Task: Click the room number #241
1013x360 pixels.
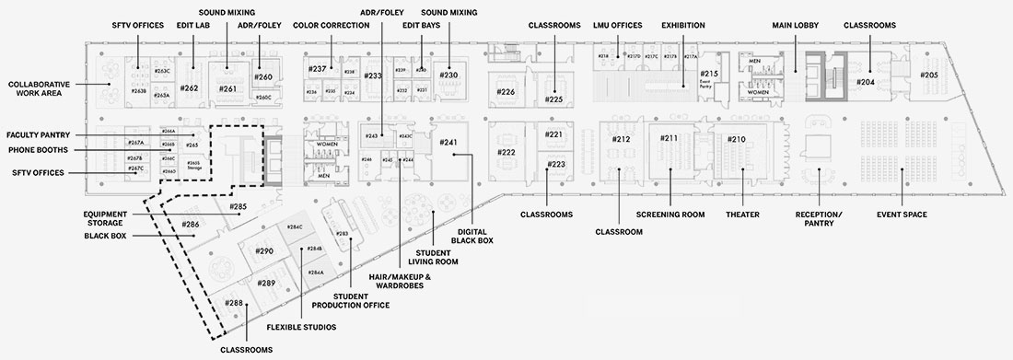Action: [x=448, y=143]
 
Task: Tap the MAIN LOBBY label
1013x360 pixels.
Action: [x=797, y=26]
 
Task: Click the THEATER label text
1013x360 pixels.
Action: [x=741, y=215]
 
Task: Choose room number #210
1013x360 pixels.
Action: [x=737, y=139]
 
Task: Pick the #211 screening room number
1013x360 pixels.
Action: [x=670, y=139]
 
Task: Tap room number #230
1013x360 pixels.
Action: [x=448, y=75]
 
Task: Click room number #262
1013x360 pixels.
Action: [x=190, y=88]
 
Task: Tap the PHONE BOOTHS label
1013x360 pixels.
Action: [x=41, y=149]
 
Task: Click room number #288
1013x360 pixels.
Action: [x=235, y=302]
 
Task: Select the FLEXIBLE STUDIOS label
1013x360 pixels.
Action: [x=300, y=327]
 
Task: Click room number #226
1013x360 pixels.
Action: [x=506, y=92]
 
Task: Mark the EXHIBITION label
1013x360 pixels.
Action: [x=682, y=26]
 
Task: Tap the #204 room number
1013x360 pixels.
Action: [x=865, y=82]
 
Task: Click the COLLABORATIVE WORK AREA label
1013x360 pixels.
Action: [x=41, y=88]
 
